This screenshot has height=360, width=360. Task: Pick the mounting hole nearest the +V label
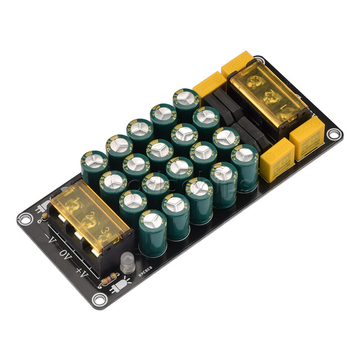99,299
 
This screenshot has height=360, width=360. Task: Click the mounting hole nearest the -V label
24,218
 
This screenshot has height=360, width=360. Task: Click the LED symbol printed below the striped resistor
121,286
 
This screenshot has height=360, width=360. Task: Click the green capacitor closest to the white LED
153,232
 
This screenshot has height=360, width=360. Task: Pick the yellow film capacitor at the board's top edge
237,63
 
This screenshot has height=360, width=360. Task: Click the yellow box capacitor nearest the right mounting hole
307,142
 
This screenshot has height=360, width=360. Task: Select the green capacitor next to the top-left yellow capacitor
186,99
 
